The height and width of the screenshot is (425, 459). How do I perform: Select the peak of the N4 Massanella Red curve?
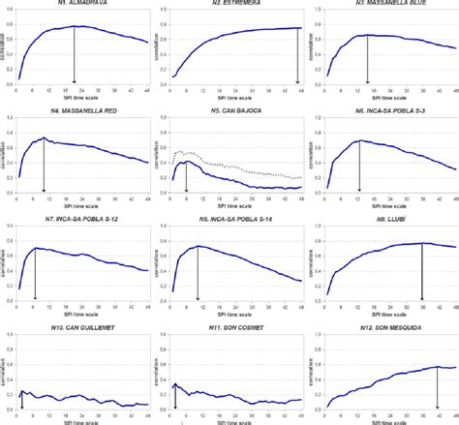44,138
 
